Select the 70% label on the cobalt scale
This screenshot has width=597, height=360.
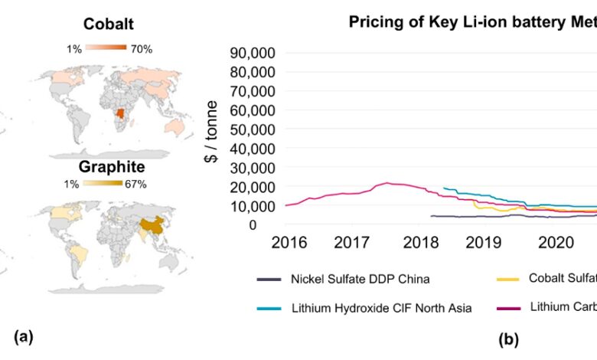(142, 49)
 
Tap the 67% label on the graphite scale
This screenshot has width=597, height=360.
(135, 184)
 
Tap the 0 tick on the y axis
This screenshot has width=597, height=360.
(273, 225)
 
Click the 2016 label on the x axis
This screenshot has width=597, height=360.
(288, 243)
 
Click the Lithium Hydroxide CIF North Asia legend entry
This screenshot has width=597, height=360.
(380, 309)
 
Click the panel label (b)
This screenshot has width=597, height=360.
(508, 338)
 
